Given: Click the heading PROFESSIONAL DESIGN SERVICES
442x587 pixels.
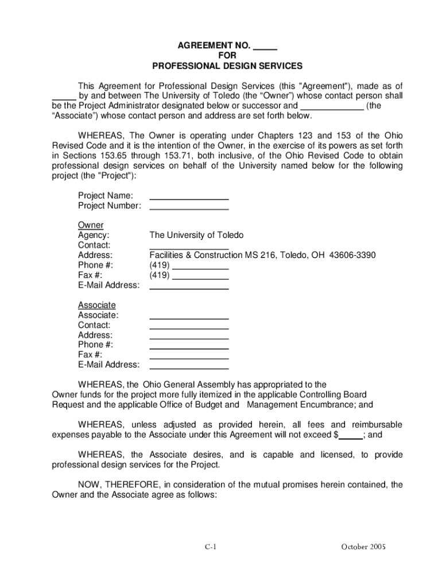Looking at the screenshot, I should pyautogui.click(x=227, y=66).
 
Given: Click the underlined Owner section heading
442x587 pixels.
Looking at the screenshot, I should pyautogui.click(x=91, y=225).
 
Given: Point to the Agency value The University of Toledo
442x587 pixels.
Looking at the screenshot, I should pyautogui.click(x=196, y=235).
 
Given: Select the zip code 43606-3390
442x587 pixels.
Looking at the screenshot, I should pyautogui.click(x=352, y=255).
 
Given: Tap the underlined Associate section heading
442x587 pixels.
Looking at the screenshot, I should pyautogui.click(x=96, y=305).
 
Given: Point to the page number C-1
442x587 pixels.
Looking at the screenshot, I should pyautogui.click(x=211, y=547).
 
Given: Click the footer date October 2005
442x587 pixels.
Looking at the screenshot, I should pyautogui.click(x=364, y=547).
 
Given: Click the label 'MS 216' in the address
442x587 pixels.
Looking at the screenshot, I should pyautogui.click(x=260, y=255).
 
